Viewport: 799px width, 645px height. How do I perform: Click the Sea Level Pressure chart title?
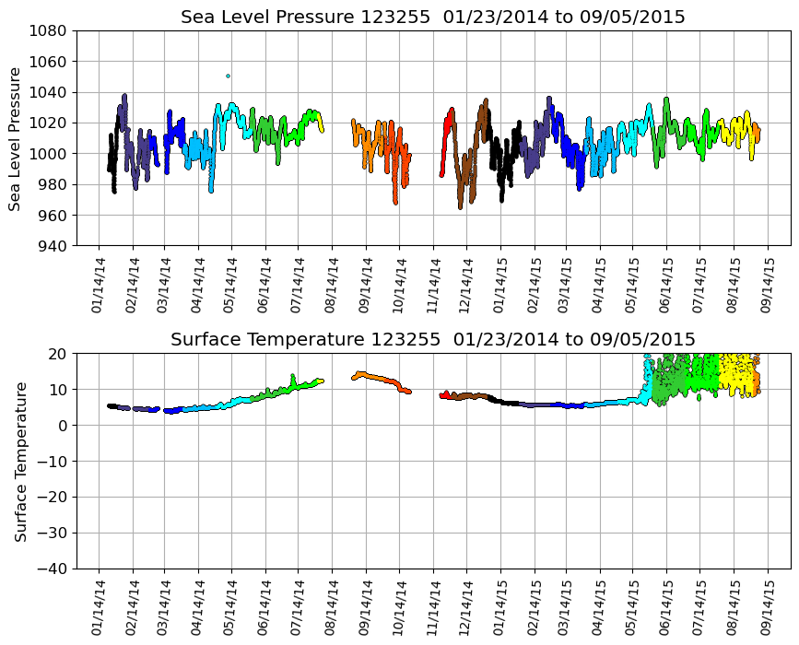coord(432,18)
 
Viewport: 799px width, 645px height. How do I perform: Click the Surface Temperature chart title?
coord(432,339)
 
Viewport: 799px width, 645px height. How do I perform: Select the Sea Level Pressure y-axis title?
coord(15,138)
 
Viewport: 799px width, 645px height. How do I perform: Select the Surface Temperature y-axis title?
coord(20,461)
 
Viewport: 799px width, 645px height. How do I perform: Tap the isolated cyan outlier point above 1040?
coord(228,76)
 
